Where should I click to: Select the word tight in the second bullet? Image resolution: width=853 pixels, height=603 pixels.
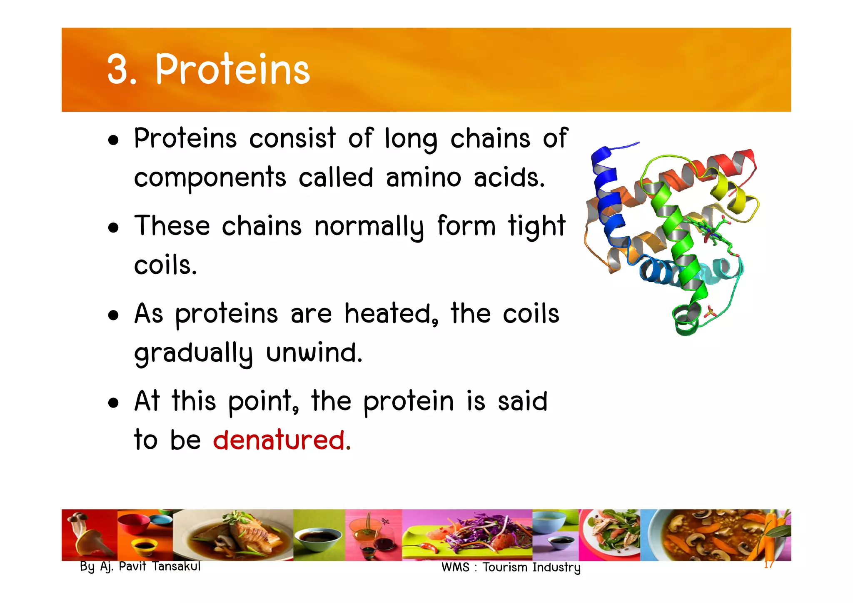[x=536, y=226]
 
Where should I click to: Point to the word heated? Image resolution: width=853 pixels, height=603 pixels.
[x=391, y=313]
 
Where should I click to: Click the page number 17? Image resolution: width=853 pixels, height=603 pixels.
[x=768, y=565]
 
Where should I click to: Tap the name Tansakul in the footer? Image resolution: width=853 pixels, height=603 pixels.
[x=176, y=566]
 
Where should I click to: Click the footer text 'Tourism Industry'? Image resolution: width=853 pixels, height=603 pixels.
[x=531, y=568]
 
